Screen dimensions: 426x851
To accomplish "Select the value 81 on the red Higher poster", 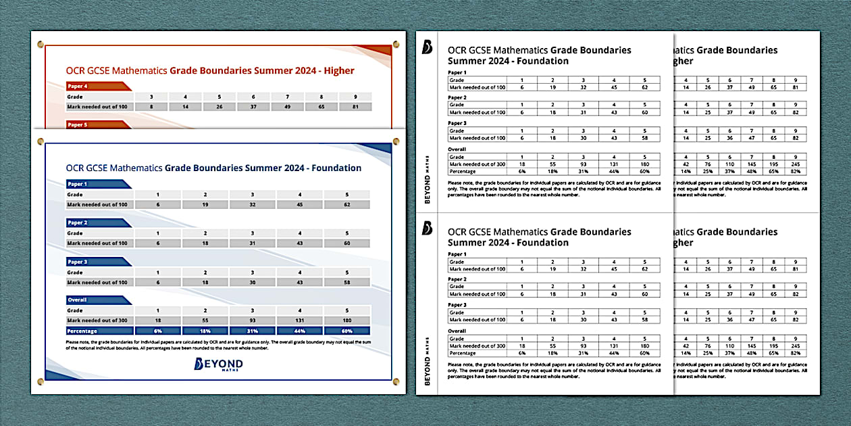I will pyautogui.click(x=355, y=106).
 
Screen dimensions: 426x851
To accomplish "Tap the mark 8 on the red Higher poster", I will pyautogui.click(x=151, y=106).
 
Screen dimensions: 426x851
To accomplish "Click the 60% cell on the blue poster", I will pyautogui.click(x=347, y=331).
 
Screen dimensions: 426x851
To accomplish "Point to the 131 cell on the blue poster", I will pyautogui.click(x=299, y=321).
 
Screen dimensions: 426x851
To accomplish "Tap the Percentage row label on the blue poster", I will pyautogui.click(x=82, y=331).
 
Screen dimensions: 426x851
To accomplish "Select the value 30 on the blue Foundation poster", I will pyautogui.click(x=253, y=283).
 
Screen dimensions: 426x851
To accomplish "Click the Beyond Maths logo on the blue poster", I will pyautogui.click(x=218, y=365).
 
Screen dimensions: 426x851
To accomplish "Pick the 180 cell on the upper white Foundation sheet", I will pyautogui.click(x=644, y=164).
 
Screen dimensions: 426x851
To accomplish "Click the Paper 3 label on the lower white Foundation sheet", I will pyautogui.click(x=458, y=305).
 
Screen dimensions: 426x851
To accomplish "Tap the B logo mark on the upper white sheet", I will pyautogui.click(x=427, y=47).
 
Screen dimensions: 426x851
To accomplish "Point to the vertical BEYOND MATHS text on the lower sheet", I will pyautogui.click(x=427, y=362).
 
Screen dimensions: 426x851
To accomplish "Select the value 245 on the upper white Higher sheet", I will pyautogui.click(x=794, y=164).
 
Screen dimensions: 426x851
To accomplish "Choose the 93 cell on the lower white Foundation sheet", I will pyautogui.click(x=583, y=346).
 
